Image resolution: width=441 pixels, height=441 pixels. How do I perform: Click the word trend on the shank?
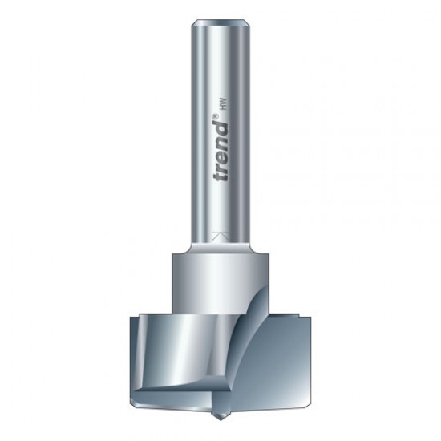pyautogui.click(x=220, y=148)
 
